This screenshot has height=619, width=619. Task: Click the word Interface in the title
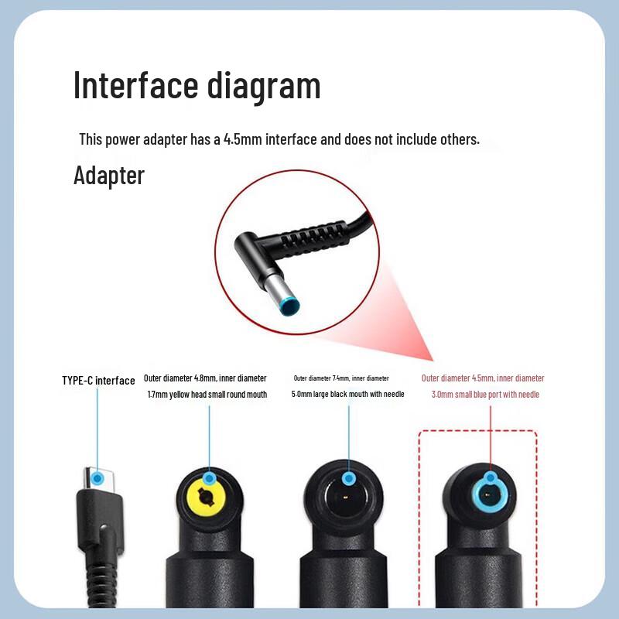click(136, 85)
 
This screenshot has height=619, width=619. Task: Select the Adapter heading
click(109, 176)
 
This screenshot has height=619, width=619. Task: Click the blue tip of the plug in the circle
click(289, 307)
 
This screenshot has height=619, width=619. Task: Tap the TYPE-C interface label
click(98, 381)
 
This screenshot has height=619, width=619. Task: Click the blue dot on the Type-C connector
click(97, 479)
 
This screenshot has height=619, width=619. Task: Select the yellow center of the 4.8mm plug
click(206, 497)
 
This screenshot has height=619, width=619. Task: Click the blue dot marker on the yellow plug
click(210, 479)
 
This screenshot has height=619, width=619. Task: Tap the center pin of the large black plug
click(346, 497)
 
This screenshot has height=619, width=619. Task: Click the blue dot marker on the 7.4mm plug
click(349, 479)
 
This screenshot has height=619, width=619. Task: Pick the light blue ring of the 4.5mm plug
click(474, 495)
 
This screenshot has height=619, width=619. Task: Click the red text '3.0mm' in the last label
click(442, 395)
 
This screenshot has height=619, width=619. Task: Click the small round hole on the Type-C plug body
click(104, 527)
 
